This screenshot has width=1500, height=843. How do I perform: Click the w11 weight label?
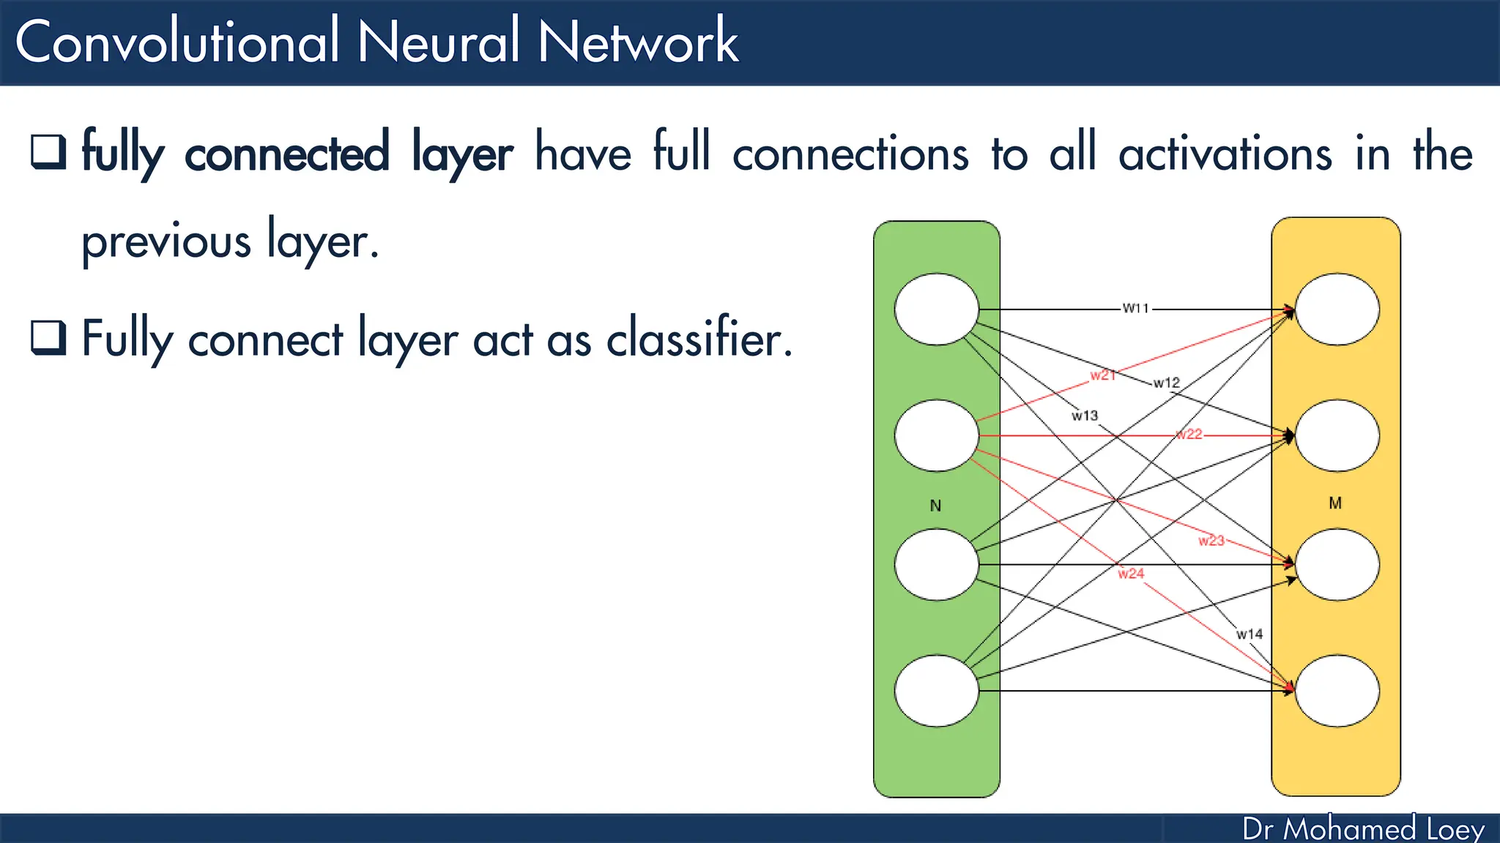tap(1136, 309)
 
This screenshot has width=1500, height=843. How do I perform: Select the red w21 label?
tap(1102, 375)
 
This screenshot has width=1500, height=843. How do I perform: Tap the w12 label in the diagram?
tap(1166, 383)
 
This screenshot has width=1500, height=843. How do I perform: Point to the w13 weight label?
tap(1085, 416)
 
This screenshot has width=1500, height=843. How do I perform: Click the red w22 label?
tap(1189, 434)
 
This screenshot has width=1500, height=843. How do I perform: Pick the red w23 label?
tap(1211, 541)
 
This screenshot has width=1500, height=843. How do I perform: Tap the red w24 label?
tap(1131, 574)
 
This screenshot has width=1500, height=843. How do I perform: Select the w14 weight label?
tap(1250, 634)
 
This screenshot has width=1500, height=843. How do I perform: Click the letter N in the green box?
tap(935, 506)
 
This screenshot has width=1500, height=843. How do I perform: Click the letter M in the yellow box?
tap(1335, 503)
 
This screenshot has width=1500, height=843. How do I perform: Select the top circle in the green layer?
tap(936, 310)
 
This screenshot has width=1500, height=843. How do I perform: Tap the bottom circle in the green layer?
tap(936, 691)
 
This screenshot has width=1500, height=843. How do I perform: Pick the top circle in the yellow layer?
tap(1337, 310)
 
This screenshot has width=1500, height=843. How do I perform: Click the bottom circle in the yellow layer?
tap(1337, 691)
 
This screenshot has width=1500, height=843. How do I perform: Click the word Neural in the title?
tap(438, 42)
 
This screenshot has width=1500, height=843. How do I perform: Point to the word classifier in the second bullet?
tap(699, 340)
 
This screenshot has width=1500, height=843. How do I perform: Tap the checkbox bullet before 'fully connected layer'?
tap(48, 152)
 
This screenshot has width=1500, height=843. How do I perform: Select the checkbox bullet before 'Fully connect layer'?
tap(48, 337)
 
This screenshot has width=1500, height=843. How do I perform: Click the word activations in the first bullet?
tap(1225, 154)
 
